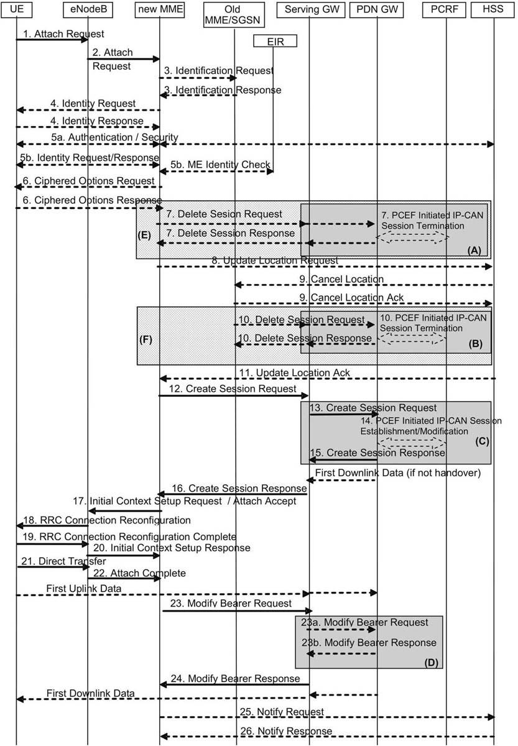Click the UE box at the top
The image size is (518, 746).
pos(16,9)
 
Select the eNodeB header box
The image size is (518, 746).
pos(88,9)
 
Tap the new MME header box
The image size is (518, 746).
pos(160,9)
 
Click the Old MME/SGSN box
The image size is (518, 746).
pos(234,15)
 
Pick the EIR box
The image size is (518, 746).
pos(275,41)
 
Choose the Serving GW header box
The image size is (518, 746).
pos(311,9)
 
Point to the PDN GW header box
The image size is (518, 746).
pos(377,9)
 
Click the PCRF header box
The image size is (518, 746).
pos(444,9)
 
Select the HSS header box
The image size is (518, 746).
pos(493,9)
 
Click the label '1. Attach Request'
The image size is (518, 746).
pos(63,34)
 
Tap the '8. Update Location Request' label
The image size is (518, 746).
pos(275,260)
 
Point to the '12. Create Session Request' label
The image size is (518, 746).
pos(233,389)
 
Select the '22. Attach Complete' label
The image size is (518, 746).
pos(139,573)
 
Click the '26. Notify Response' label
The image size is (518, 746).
pos(287,731)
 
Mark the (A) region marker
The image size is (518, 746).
pos(474,251)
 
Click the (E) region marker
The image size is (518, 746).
pos(144,235)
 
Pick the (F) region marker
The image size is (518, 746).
pos(146,339)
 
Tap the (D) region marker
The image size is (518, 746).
pos(432,663)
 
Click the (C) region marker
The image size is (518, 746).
pos(482,441)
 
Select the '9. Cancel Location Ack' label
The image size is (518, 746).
pos(351,297)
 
